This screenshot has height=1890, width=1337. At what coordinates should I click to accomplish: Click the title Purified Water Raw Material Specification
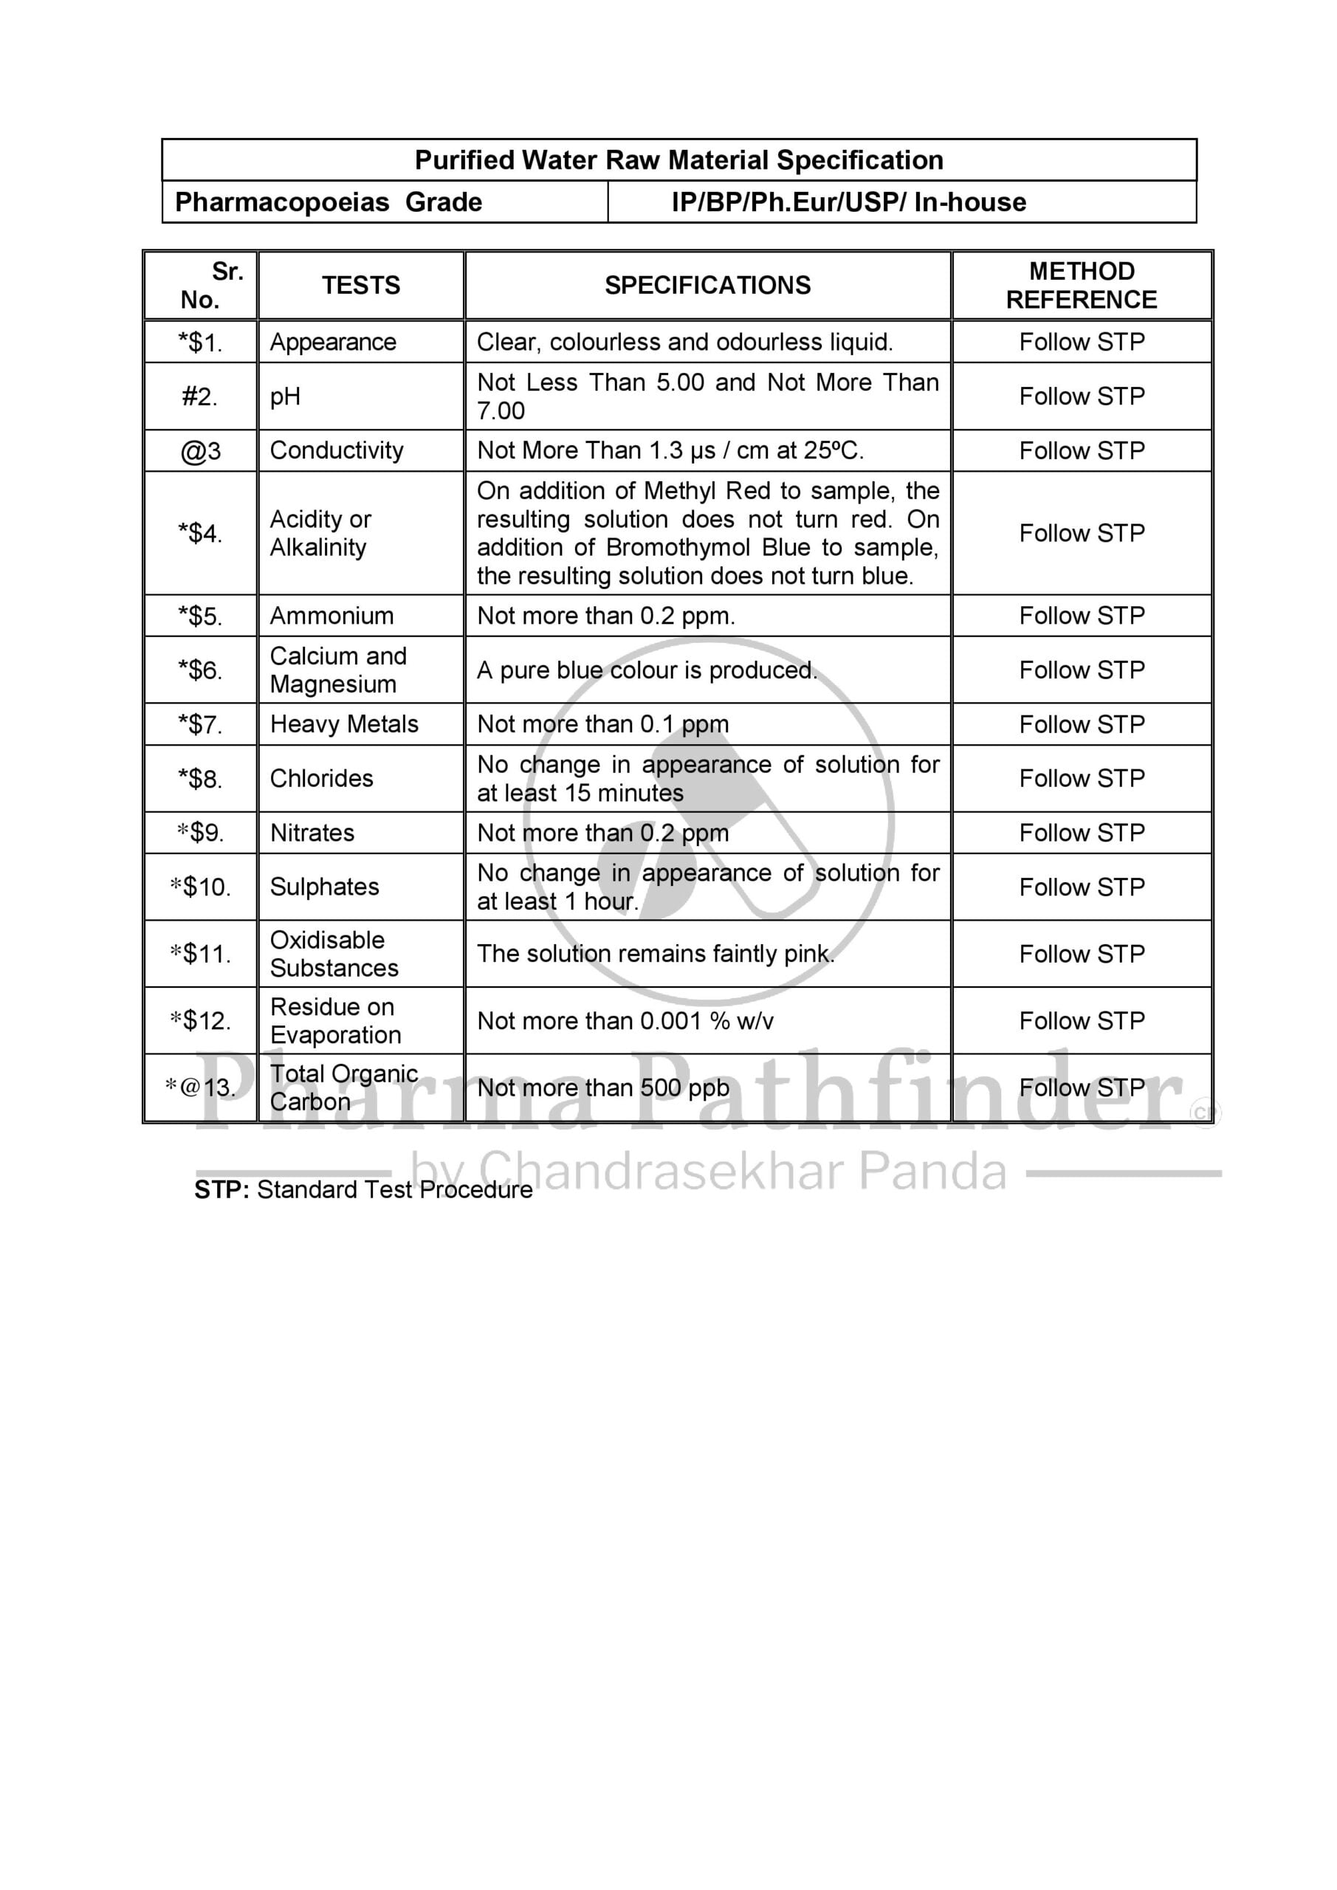678,159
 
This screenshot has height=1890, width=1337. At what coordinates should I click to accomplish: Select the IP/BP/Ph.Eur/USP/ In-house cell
848,202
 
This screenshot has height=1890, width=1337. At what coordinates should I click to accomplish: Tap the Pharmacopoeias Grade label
329,202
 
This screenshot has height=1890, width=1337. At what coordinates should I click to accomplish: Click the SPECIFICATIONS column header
707,285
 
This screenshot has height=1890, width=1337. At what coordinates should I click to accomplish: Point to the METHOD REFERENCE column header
1081,285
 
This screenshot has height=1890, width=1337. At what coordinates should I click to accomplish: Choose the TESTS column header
360,285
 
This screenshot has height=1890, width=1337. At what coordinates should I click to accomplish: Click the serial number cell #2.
200,396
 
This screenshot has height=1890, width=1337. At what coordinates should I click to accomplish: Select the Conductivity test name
337,450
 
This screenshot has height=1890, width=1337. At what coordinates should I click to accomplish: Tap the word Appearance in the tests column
333,342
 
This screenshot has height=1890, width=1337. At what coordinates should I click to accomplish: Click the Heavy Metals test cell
344,724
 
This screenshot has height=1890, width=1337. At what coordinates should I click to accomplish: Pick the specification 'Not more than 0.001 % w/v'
625,1021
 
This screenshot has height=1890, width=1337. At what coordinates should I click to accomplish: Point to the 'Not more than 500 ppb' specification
602,1087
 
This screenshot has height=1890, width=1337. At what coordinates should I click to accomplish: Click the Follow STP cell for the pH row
1081,396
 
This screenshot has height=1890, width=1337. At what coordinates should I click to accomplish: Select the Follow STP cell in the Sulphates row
1081,887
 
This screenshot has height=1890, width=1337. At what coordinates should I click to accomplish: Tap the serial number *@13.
200,1087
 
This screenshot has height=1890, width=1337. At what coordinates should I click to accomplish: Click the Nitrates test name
312,833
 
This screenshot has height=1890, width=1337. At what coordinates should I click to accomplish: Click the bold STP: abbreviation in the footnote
221,1190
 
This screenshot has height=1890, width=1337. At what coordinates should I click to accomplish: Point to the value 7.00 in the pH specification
501,410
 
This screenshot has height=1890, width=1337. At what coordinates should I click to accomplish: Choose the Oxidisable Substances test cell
334,953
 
